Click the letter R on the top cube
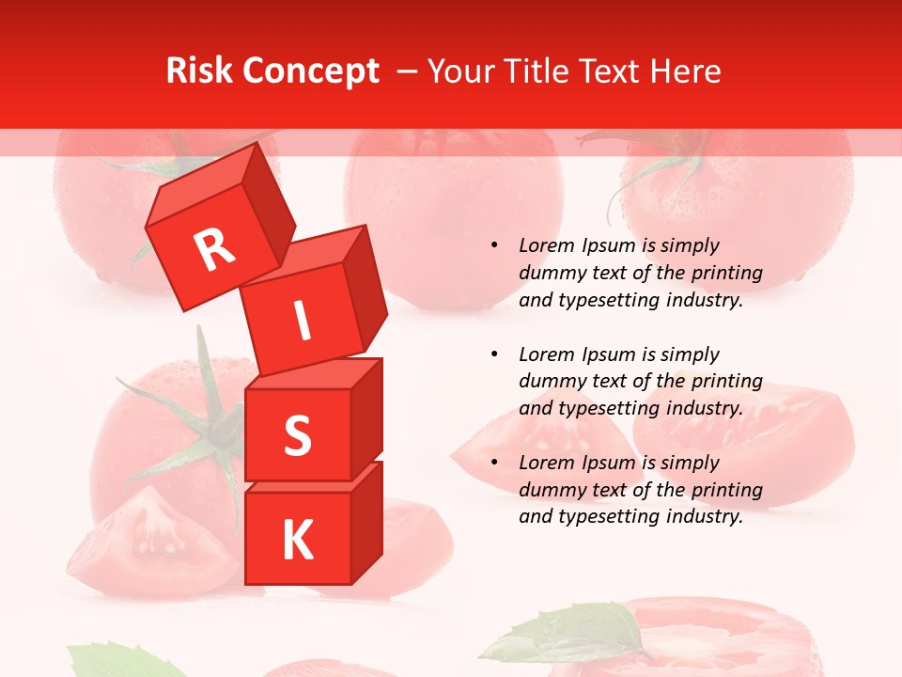point(214,249)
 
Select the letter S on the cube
point(297,435)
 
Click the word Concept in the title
point(310,71)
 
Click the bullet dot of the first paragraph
point(494,246)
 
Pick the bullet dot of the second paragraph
point(494,355)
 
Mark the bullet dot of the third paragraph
point(494,464)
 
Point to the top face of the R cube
point(203,183)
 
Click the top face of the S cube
point(315,373)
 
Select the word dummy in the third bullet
point(552,490)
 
